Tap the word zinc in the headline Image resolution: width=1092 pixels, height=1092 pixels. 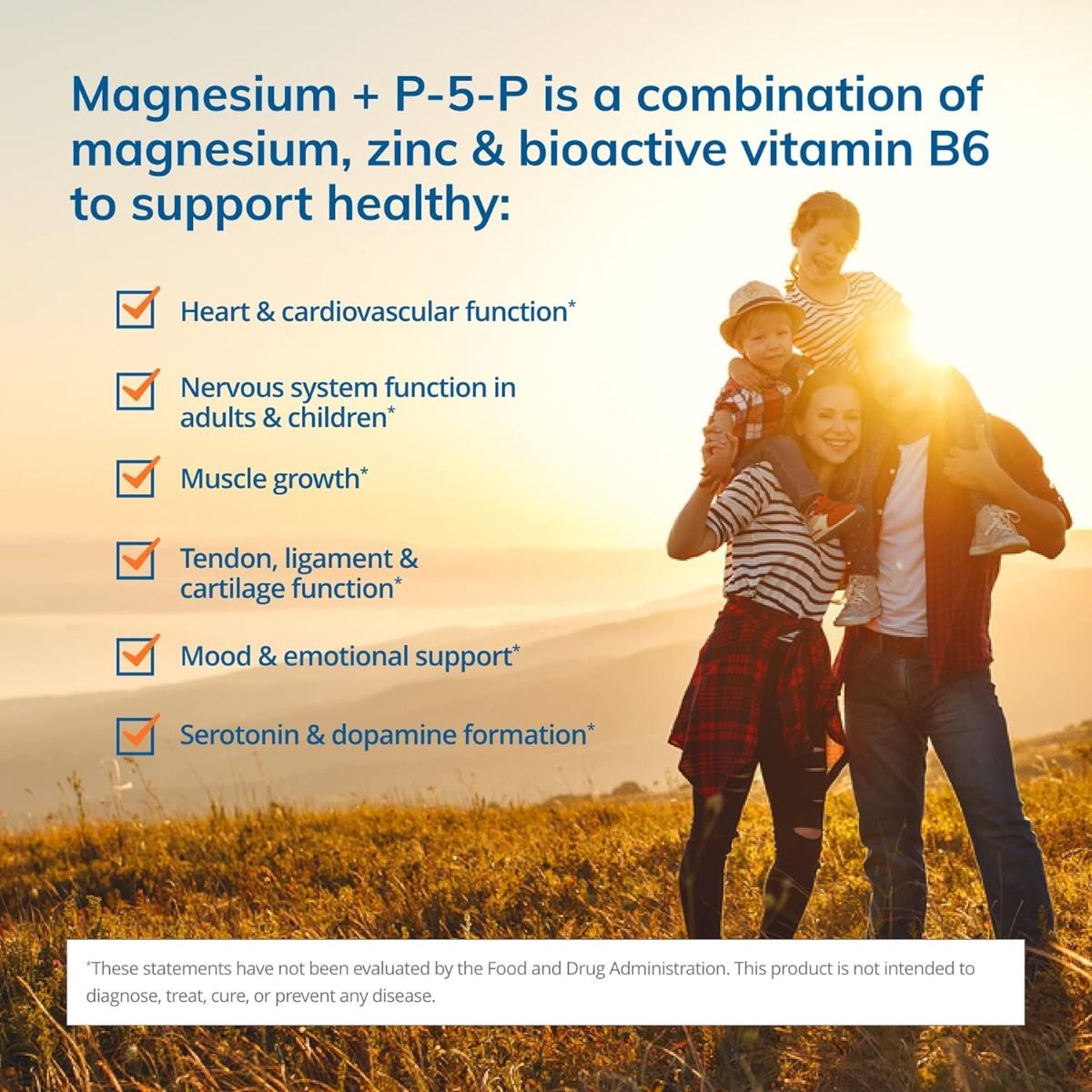click(x=411, y=149)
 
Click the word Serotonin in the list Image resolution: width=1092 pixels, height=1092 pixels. click(x=238, y=734)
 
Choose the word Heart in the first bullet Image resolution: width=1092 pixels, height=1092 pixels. click(x=215, y=311)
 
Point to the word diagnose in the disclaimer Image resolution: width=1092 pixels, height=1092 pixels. click(x=121, y=996)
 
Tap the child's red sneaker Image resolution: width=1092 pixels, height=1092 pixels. click(x=830, y=517)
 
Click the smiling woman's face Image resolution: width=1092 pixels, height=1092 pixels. click(x=827, y=423)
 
